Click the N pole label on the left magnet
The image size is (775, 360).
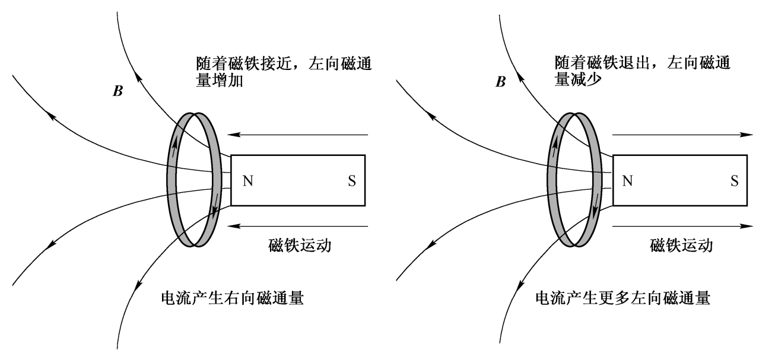pyautogui.click(x=247, y=180)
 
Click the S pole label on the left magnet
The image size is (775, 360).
pyautogui.click(x=352, y=180)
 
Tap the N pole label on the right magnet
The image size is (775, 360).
pyautogui.click(x=627, y=180)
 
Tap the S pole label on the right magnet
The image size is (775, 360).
pyautogui.click(x=735, y=180)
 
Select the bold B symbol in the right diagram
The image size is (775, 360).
pyautogui.click(x=500, y=82)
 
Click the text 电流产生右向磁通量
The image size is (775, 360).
pyautogui.click(x=232, y=297)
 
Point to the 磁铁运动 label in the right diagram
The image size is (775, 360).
pyautogui.click(x=681, y=244)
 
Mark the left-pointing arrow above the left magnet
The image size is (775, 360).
pyautogui.click(x=300, y=135)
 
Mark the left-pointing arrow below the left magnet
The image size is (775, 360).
pyautogui.click(x=300, y=226)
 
